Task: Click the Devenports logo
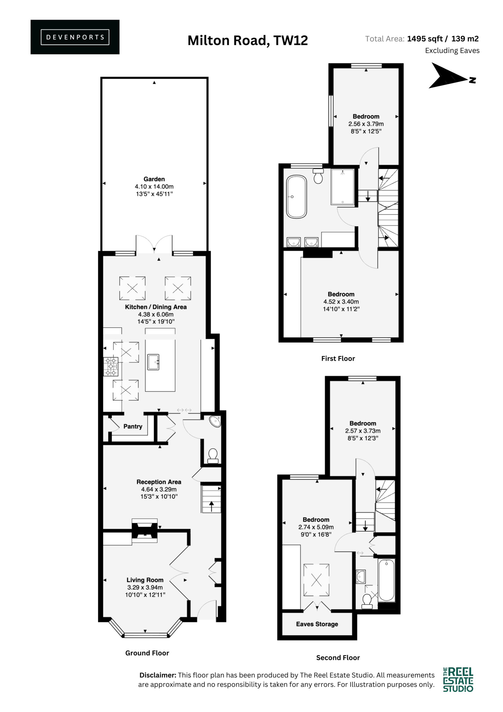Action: [x=75, y=37]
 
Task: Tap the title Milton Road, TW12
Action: [x=248, y=41]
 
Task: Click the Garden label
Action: [x=154, y=179]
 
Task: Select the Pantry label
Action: [x=133, y=426]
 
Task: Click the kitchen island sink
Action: [x=153, y=362]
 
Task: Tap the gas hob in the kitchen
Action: [x=111, y=367]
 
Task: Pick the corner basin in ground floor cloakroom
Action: [x=215, y=421]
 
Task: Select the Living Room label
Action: [x=145, y=580]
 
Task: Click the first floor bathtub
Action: [x=297, y=197]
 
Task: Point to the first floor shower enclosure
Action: [x=342, y=187]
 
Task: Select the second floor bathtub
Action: [x=387, y=580]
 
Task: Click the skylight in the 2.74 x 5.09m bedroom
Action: [x=316, y=580]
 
